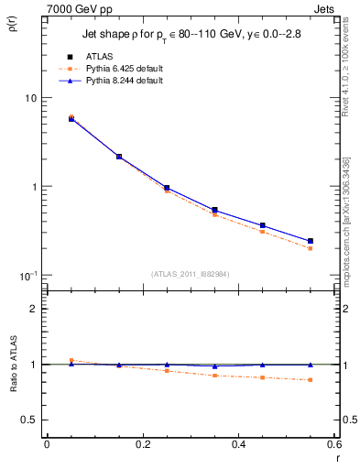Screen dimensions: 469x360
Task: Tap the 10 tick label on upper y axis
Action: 30,98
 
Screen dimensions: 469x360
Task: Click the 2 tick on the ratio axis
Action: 34,309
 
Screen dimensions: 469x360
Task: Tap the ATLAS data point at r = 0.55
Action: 311,241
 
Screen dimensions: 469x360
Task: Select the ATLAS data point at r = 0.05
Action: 71,118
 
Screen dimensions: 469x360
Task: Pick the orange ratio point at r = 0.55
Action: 311,380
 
